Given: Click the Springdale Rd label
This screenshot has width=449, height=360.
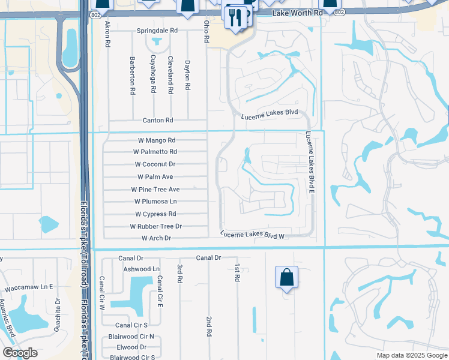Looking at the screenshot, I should (157, 30).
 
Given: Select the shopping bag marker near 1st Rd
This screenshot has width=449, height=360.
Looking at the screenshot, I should (287, 278).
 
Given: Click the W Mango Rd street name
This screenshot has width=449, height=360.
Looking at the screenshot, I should (154, 140).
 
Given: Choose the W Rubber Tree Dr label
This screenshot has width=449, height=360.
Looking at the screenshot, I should (155, 226).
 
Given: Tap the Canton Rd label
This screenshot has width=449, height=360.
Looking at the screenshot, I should (157, 121).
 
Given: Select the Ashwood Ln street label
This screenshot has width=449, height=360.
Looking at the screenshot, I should (141, 269).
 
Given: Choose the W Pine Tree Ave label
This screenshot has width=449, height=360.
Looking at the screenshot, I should (155, 189).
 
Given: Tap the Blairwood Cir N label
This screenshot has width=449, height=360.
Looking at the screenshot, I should (131, 337).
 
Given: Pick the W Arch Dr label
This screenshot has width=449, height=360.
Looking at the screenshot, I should (156, 238).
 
